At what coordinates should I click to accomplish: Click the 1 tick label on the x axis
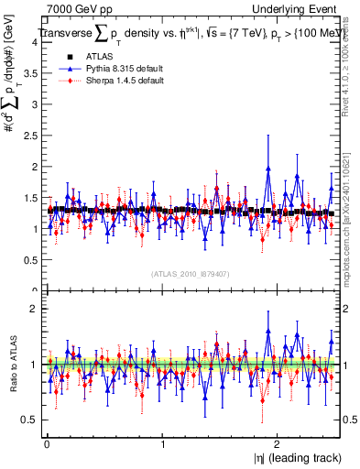[x=163, y=443]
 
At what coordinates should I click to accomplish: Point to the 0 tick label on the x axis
[x=47, y=443]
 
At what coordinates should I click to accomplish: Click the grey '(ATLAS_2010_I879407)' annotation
[x=191, y=273]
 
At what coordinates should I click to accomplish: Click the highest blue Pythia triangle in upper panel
[x=268, y=168]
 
